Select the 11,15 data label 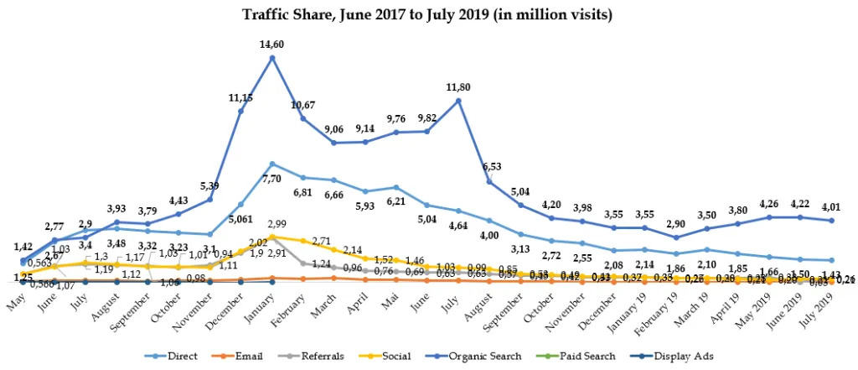click(x=240, y=98)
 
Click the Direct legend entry click(x=177, y=357)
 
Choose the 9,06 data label click(x=335, y=130)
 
